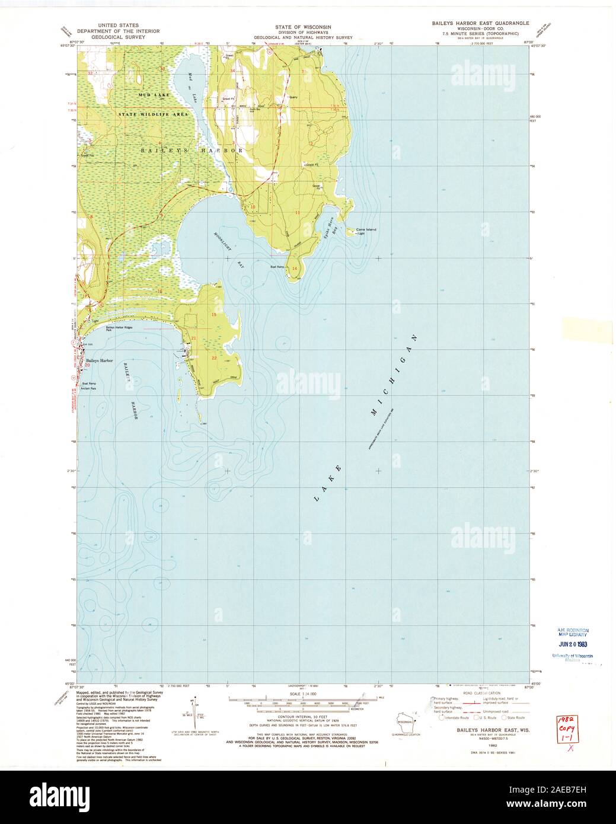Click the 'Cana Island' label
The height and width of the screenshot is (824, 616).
pyautogui.click(x=365, y=229)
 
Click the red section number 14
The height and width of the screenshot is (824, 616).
pyautogui.click(x=294, y=269)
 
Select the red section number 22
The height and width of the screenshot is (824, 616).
pyautogui.click(x=214, y=357)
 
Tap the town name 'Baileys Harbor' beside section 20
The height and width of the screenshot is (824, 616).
pyautogui.click(x=99, y=360)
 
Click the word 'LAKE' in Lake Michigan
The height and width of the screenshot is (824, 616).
pyautogui.click(x=327, y=483)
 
